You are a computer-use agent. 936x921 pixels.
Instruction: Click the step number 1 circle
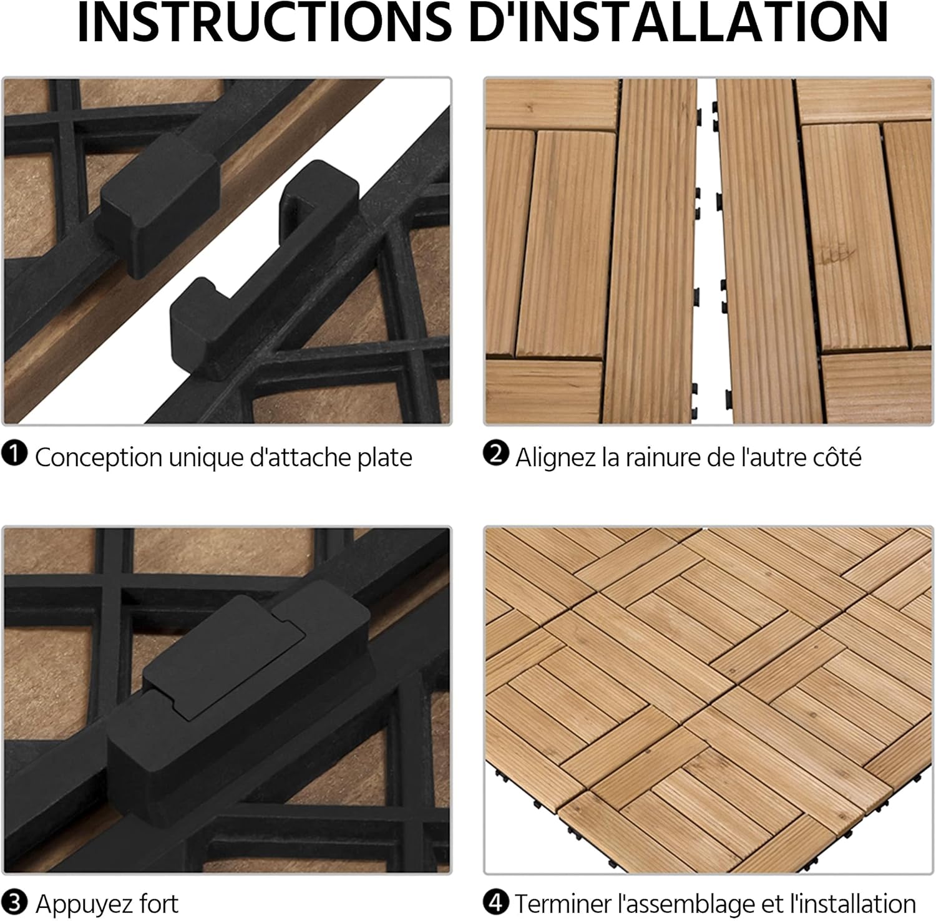point(14,454)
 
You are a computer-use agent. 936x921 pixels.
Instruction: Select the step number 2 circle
point(495,454)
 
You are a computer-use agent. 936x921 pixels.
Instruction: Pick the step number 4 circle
point(495,902)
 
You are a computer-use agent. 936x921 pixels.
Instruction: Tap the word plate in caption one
point(384,458)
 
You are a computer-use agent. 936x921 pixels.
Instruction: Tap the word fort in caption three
point(158,904)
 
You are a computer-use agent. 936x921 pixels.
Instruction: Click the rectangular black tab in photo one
point(159,206)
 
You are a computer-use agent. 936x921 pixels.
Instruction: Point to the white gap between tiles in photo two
point(706,250)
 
